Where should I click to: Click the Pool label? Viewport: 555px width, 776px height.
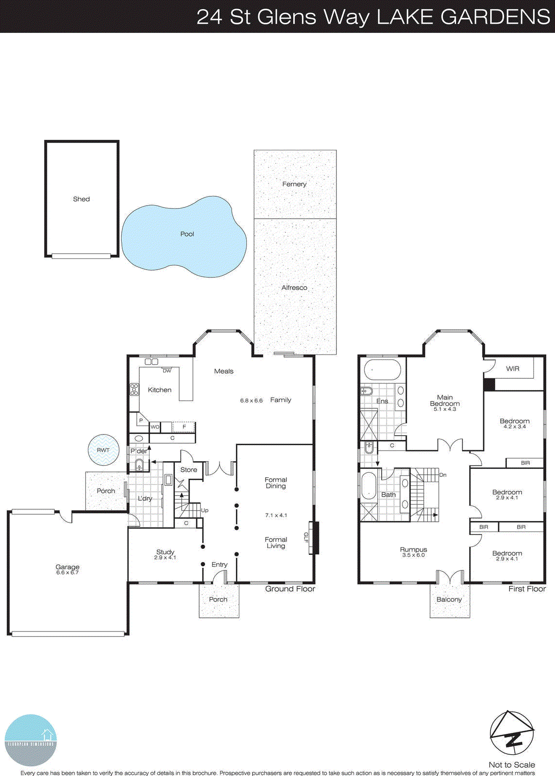tap(187, 234)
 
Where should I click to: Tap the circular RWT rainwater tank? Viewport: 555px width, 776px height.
tap(103, 450)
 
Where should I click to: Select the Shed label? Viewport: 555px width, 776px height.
tap(81, 199)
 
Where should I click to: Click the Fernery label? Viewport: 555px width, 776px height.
tap(294, 184)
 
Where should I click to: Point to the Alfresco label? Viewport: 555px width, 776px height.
tap(294, 288)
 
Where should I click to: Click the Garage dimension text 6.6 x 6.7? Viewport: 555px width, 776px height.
tap(67, 573)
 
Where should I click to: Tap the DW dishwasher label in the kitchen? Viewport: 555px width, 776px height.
tap(167, 371)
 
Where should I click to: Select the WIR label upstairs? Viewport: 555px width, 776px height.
tap(513, 369)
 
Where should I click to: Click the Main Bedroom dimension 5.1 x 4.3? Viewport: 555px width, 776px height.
tap(445, 409)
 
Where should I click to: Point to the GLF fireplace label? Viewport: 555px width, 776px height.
tap(306, 537)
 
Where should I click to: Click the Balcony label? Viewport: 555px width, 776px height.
tap(449, 599)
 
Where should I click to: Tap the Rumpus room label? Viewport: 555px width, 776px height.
tap(413, 550)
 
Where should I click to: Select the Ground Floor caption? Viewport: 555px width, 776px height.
tap(290, 589)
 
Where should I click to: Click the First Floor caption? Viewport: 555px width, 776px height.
tap(527, 589)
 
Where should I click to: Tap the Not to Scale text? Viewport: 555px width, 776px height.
tap(512, 765)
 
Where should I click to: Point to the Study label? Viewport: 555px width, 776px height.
tap(165, 552)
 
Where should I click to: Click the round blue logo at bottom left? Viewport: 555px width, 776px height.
tap(31, 740)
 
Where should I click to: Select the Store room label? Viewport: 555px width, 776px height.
tap(189, 469)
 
